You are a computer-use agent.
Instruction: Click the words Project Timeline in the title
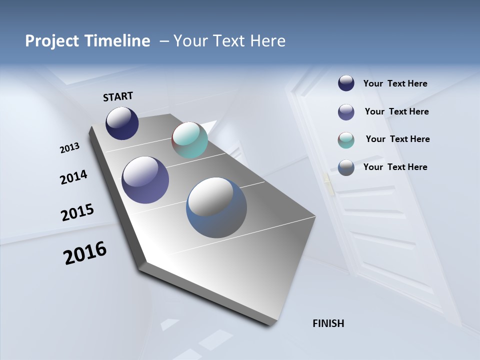pos(87,40)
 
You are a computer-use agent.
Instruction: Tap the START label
pos(118,96)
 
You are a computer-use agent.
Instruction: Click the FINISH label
pos(328,323)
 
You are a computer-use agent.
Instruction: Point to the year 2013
pos(69,148)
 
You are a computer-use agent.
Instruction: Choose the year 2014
pos(73,177)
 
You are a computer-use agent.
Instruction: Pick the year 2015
pos(77,212)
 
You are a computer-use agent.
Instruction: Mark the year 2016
pos(85,253)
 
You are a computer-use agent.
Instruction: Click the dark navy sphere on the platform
pos(122,123)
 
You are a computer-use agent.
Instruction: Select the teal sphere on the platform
pos(189,140)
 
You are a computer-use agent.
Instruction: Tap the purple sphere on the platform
pos(145,180)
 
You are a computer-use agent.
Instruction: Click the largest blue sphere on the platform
pos(216,207)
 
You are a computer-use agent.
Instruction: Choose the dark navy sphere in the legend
pos(346,83)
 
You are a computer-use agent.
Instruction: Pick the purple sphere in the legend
pos(346,112)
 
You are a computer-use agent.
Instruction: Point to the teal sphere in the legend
pos(346,140)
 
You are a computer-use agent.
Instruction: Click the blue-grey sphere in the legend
pos(346,167)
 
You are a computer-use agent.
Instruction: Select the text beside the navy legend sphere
pos(395,84)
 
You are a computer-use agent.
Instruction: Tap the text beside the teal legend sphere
pos(397,139)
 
